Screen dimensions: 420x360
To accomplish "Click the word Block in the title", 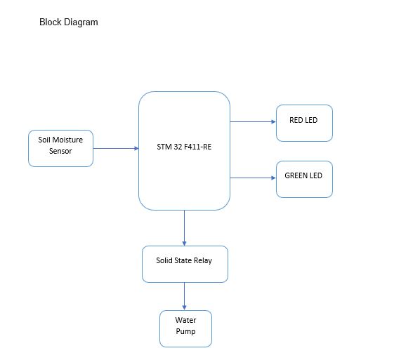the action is [x=50, y=22].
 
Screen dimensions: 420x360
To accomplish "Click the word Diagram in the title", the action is [x=81, y=22].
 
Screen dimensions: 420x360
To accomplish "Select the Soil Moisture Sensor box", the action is [x=61, y=148].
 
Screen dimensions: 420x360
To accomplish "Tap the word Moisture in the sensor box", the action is [x=67, y=140].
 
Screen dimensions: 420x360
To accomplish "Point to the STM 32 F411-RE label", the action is [x=184, y=147].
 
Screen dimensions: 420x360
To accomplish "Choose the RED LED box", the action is [x=304, y=123].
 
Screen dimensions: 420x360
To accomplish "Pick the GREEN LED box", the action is [x=304, y=179].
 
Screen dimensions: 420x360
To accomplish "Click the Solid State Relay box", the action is [x=185, y=264].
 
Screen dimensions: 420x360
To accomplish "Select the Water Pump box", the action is [x=185, y=328].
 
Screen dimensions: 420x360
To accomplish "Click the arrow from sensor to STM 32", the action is [x=116, y=148].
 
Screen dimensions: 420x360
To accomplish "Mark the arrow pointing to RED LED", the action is [x=253, y=122].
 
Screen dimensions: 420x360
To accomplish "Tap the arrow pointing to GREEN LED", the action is [x=253, y=178].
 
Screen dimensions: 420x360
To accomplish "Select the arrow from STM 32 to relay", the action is [x=184, y=228].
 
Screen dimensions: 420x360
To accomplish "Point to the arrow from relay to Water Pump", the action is [x=184, y=296].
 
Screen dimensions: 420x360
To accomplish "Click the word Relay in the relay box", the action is [x=203, y=260].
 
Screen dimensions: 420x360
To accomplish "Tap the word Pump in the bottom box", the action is [x=185, y=331].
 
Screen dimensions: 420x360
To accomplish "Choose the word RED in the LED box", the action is [x=296, y=120].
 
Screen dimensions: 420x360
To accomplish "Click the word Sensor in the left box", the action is [x=60, y=151].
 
